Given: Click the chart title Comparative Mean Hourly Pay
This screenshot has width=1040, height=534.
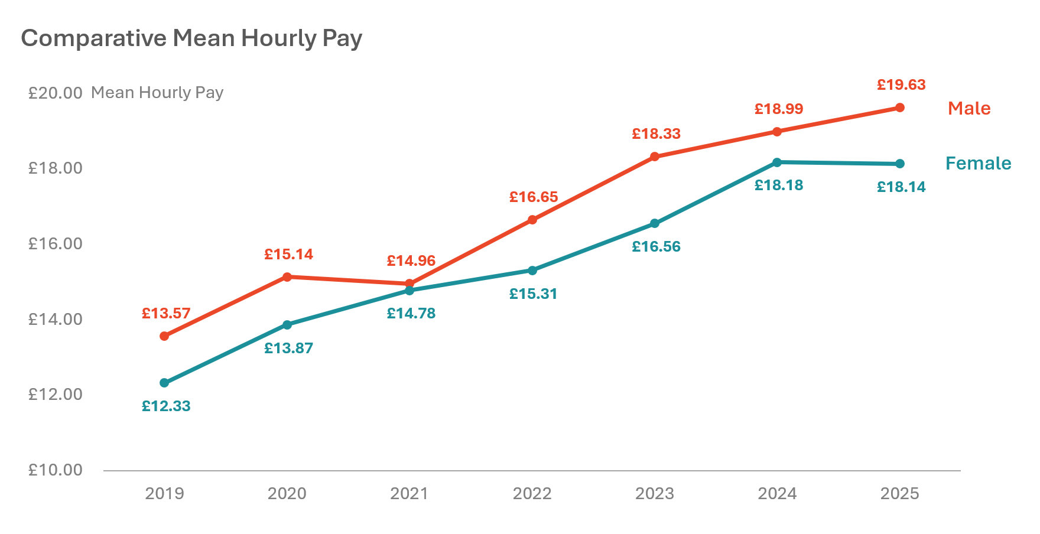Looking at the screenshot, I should click(x=191, y=38).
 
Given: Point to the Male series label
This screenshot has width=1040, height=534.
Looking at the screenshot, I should click(x=969, y=108).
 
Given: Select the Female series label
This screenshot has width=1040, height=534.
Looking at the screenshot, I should click(x=978, y=163).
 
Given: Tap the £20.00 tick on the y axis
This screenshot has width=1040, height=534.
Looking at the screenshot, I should click(x=56, y=93).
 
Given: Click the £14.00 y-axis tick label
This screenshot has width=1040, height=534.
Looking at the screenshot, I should click(x=56, y=319).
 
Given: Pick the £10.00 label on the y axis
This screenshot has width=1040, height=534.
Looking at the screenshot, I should click(x=56, y=470).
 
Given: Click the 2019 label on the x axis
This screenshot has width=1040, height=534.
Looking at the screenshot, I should click(x=164, y=493).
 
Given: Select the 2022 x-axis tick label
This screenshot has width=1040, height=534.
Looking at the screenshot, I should click(x=532, y=493).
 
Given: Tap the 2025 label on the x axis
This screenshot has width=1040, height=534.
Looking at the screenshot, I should click(x=899, y=493).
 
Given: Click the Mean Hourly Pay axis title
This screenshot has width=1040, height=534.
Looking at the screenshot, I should click(x=157, y=93).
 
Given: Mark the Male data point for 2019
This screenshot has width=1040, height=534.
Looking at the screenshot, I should click(x=164, y=336).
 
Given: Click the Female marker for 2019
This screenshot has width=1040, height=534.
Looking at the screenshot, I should click(x=164, y=383).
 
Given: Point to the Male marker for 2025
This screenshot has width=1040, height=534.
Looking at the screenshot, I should click(x=899, y=108).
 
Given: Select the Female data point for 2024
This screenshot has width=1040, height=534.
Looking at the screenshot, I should click(x=777, y=162).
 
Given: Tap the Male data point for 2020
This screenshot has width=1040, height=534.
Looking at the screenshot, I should click(x=287, y=276).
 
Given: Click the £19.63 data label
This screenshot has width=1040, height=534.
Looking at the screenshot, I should click(x=901, y=85).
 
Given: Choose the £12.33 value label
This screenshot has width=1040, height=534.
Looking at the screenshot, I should click(x=166, y=406).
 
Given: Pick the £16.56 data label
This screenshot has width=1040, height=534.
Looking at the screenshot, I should click(x=656, y=247).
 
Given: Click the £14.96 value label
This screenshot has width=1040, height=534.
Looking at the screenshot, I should click(x=411, y=261).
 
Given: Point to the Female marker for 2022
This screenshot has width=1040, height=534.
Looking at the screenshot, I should click(x=532, y=271).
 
